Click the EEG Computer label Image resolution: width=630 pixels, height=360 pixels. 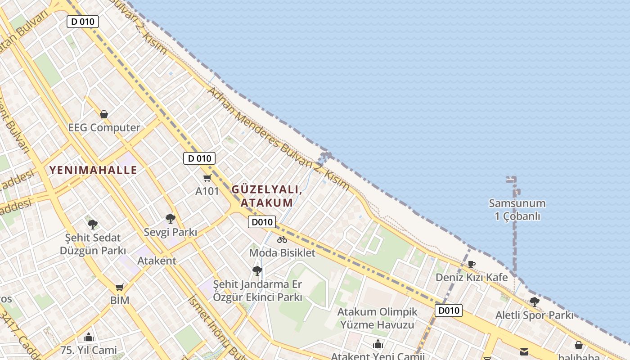pos(104,128)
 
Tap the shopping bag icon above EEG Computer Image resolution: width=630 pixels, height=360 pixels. pos(104,114)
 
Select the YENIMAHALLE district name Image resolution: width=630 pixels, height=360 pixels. pos(93,170)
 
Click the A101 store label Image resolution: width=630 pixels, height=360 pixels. pos(207,191)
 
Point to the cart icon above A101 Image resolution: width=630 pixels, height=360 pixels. pos(207,178)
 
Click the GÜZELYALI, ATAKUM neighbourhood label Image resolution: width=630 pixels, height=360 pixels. pos(266,196)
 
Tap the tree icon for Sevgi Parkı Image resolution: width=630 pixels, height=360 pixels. pos(170,219)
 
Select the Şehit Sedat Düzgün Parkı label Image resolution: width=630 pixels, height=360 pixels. pos(93,244)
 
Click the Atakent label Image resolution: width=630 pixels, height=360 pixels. pos(157,261)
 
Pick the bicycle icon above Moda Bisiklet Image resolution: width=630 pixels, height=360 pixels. pos(282,239)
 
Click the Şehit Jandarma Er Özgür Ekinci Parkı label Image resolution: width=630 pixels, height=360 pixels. pos(257,291)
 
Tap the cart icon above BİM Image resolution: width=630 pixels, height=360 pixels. pos(120,287)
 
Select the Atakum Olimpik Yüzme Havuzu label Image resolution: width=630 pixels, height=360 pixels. pos(377,318)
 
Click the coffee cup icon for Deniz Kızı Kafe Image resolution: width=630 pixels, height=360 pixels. pos(472,264)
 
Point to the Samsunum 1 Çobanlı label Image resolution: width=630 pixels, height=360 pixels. pos(517,210)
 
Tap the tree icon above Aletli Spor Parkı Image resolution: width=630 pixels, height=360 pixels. pos(534,301)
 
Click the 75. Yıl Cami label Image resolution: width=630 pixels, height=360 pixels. pos(88,350)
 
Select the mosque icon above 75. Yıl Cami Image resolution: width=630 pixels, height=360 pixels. pos(88,337)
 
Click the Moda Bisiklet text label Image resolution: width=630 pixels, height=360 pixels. pos(282,253)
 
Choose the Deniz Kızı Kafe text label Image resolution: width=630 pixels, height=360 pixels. pos(472,278)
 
